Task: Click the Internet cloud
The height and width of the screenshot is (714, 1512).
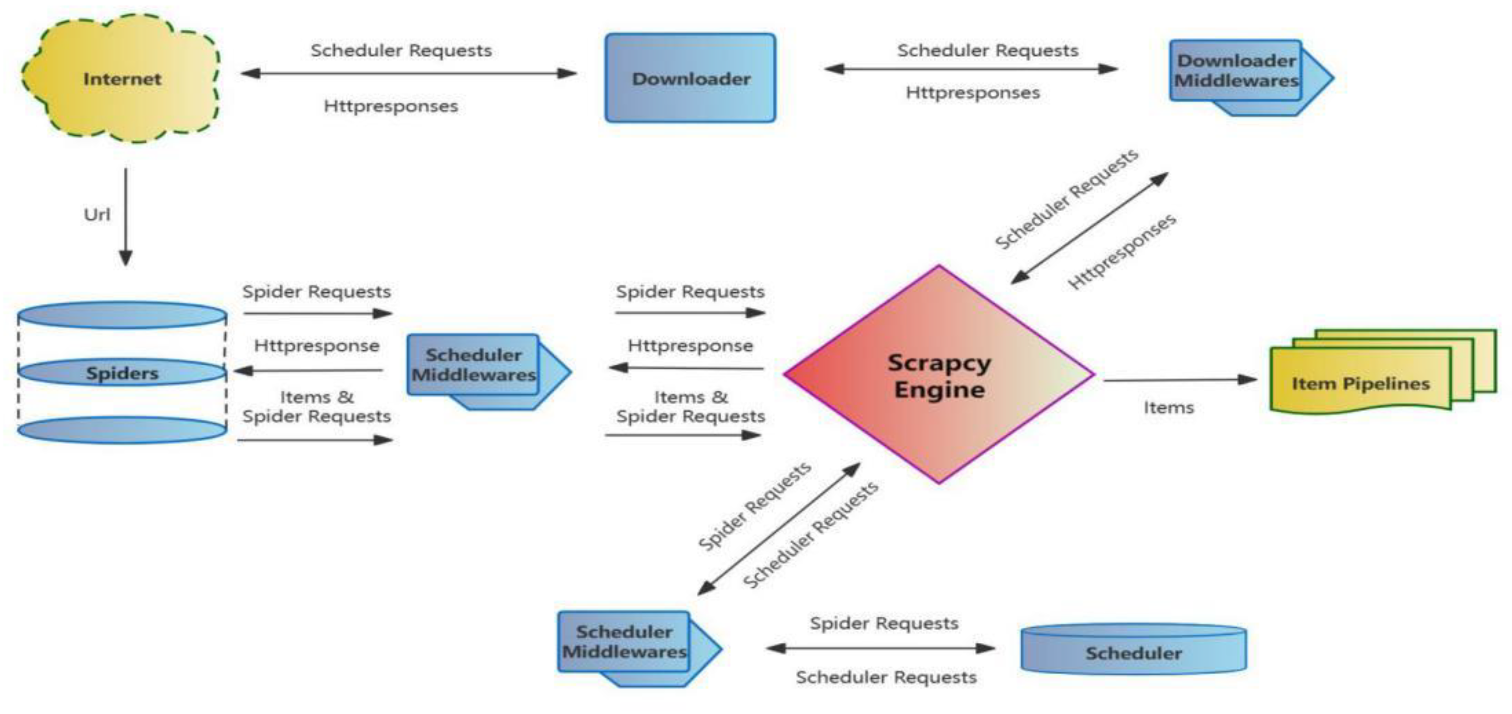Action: click(x=122, y=79)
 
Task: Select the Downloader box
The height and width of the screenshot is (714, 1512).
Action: click(x=690, y=78)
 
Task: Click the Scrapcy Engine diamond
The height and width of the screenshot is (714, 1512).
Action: click(x=938, y=376)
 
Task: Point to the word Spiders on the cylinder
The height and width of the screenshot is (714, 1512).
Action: click(x=122, y=373)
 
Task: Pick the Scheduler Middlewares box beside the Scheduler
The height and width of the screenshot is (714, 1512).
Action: click(x=625, y=642)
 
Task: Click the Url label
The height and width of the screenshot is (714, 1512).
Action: click(x=97, y=215)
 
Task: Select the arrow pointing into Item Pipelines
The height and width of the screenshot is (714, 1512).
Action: click(x=1180, y=380)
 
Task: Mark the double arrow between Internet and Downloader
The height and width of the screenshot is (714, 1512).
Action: click(x=409, y=73)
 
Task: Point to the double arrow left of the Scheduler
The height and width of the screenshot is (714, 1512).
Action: click(x=880, y=648)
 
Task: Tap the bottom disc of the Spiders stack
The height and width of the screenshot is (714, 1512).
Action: click(x=122, y=430)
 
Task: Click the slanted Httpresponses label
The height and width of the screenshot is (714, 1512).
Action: click(x=1121, y=251)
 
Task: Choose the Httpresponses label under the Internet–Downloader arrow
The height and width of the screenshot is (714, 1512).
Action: click(x=391, y=106)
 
